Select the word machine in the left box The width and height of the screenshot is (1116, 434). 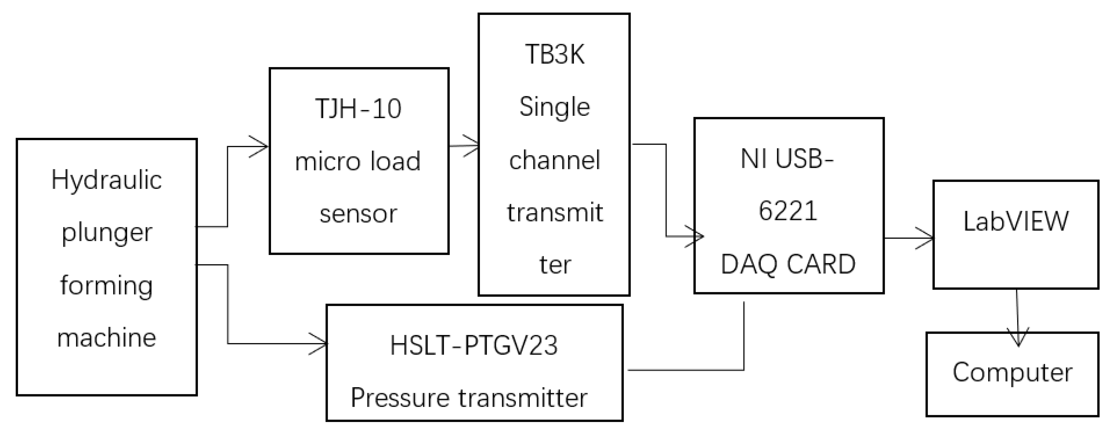pyautogui.click(x=107, y=338)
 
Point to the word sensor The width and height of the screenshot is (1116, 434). pyautogui.click(x=358, y=214)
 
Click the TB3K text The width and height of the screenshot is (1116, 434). pyautogui.click(x=555, y=55)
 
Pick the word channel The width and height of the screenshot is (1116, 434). pyautogui.click(x=555, y=160)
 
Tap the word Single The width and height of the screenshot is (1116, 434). pyautogui.click(x=555, y=107)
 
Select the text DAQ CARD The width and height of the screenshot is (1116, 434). pyautogui.click(x=788, y=264)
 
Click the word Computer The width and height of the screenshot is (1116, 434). pyautogui.click(x=1012, y=373)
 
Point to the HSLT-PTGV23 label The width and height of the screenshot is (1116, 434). pyautogui.click(x=473, y=346)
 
